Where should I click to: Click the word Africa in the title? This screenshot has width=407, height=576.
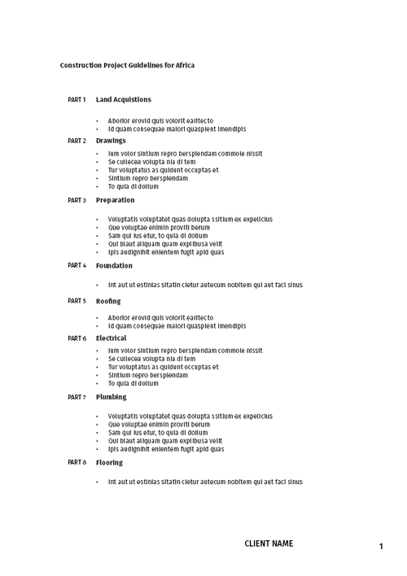tap(185, 65)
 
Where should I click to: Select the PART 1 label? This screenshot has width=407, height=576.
tap(77, 100)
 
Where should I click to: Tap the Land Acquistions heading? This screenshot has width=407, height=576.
tap(123, 100)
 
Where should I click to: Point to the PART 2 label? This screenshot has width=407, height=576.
tap(77, 141)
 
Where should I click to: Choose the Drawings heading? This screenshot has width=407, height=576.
tap(111, 141)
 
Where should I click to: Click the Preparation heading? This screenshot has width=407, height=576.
tap(115, 200)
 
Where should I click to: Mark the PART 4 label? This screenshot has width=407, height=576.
tap(77, 265)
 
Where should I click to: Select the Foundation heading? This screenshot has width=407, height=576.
tap(114, 265)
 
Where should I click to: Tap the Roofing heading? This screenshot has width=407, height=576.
tap(108, 301)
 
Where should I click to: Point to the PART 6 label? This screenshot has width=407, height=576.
tap(77, 338)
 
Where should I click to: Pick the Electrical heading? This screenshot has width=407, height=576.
tap(112, 338)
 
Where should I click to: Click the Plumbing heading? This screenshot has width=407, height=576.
tap(112, 397)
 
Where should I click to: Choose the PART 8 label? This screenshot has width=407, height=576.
tap(77, 462)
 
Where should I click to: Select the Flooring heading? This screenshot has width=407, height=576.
tap(109, 462)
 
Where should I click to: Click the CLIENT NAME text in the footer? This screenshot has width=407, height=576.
tap(269, 543)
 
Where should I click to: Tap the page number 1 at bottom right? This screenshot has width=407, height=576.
tap(381, 547)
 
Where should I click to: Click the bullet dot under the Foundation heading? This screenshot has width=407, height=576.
tap(97, 286)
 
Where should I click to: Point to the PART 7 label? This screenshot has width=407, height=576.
tap(77, 397)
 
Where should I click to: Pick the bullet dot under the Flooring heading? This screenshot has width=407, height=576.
tap(97, 482)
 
